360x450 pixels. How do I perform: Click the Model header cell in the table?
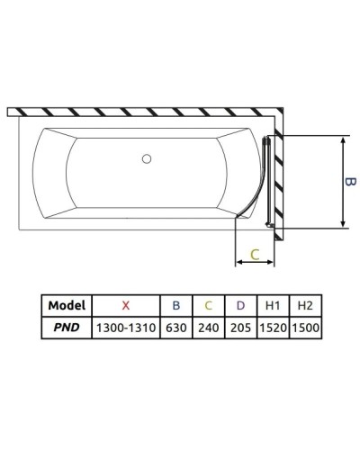(66, 305)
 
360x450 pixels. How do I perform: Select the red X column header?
(125, 305)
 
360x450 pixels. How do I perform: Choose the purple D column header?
(238, 305)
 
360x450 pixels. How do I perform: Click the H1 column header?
(272, 305)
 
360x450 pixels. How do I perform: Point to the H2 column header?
(304, 305)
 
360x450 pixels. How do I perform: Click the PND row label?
(66, 328)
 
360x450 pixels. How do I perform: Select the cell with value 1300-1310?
(125, 328)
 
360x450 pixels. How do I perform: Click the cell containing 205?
(238, 328)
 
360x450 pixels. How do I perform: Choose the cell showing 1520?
(272, 328)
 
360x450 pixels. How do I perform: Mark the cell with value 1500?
(304, 328)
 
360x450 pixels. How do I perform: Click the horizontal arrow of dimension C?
(254, 264)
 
